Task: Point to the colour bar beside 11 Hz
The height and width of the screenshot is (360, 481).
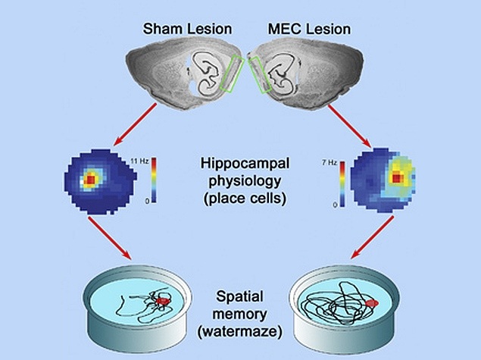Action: (x=154, y=180)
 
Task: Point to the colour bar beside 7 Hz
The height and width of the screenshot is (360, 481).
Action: (x=342, y=182)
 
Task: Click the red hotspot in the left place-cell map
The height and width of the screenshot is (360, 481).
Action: (x=91, y=180)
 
